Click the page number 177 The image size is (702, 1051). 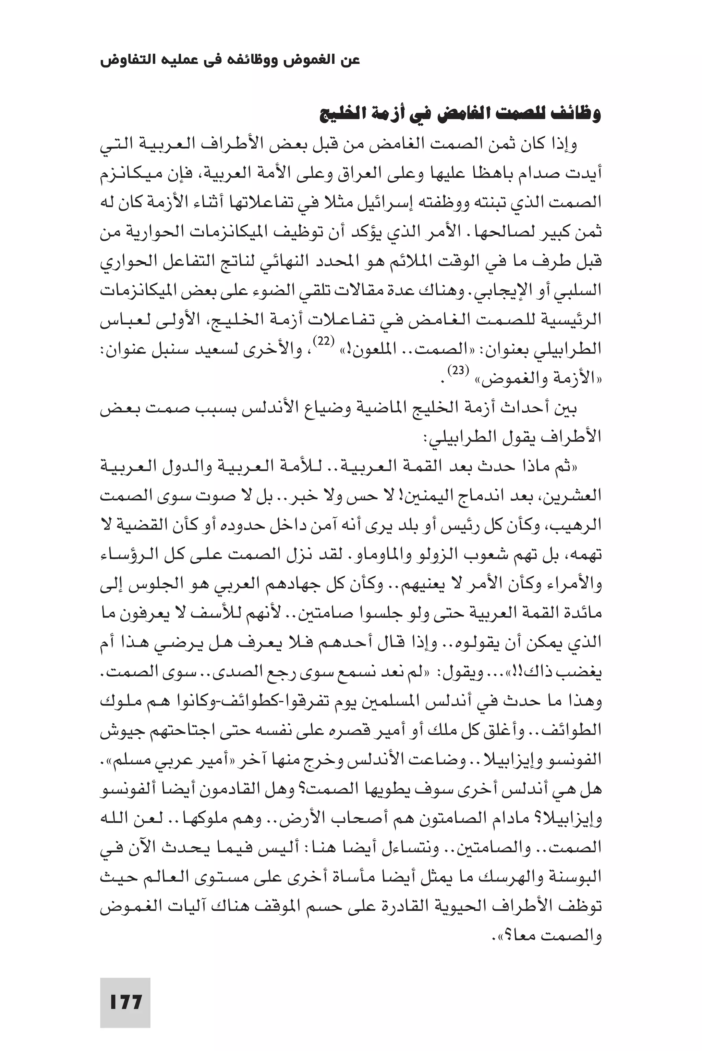coord(125,1002)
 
